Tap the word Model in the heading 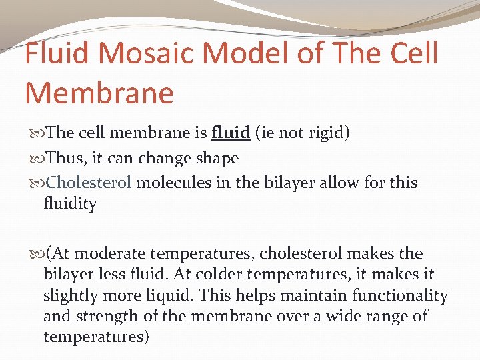238,53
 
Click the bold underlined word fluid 231,133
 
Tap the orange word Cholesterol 89,183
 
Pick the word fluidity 70,203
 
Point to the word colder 213,275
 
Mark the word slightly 69,295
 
